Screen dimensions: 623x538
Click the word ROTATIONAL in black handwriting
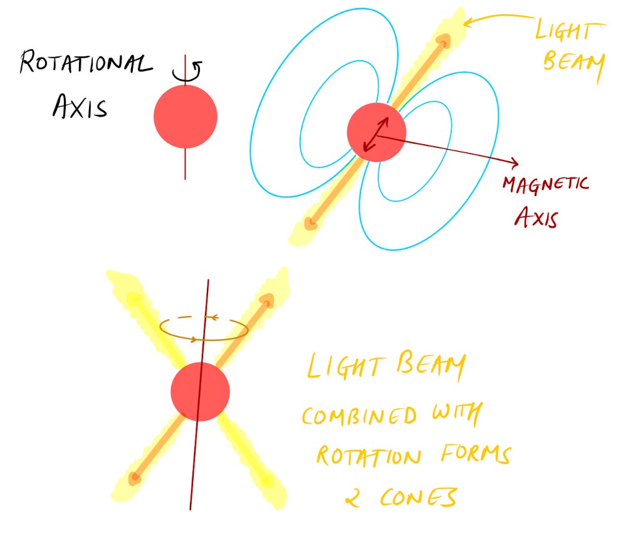point(86,63)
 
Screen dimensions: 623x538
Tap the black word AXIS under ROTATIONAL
point(80,106)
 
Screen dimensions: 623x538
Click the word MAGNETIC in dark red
point(546,185)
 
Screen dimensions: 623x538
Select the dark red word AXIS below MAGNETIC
point(537,217)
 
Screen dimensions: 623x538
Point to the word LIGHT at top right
point(570,30)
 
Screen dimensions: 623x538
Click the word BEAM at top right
point(573,63)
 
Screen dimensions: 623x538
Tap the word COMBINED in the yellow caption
point(359,416)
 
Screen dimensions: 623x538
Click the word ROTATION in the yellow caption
point(369,456)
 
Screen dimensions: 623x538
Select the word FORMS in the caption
point(476,454)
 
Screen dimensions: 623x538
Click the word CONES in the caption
point(419,497)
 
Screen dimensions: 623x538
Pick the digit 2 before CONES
point(353,498)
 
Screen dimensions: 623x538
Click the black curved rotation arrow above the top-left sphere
point(187,73)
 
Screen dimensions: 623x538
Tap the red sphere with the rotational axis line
point(186,117)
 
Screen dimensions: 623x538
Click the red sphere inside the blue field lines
point(377,132)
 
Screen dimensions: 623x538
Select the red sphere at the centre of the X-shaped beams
point(201,392)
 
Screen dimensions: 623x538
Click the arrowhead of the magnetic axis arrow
point(515,162)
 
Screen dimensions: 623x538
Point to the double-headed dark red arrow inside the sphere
point(376,134)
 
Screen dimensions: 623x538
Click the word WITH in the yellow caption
point(458,414)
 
